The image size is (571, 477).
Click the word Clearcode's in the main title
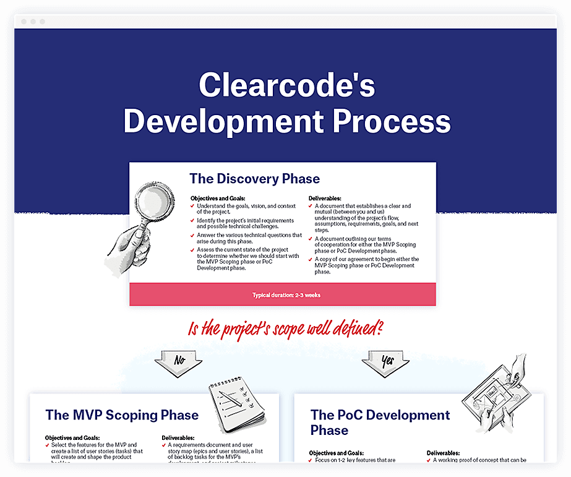tap(286, 85)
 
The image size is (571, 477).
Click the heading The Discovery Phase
tap(254, 179)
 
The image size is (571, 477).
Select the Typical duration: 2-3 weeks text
tap(286, 295)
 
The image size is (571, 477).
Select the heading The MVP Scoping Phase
tap(122, 415)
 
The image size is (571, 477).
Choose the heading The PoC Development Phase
tap(380, 423)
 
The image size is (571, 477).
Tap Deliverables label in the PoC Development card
tap(443, 453)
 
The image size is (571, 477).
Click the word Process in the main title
tap(392, 121)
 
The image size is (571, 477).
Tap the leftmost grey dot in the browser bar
tap(24, 22)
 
